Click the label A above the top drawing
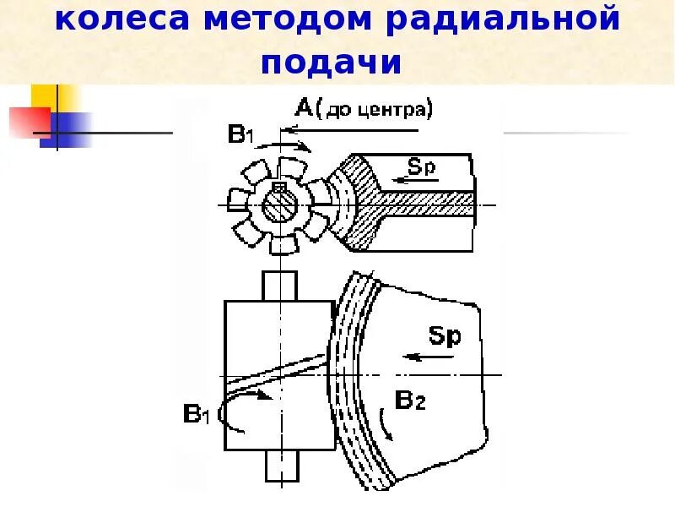click(304, 107)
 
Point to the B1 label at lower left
click(197, 415)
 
